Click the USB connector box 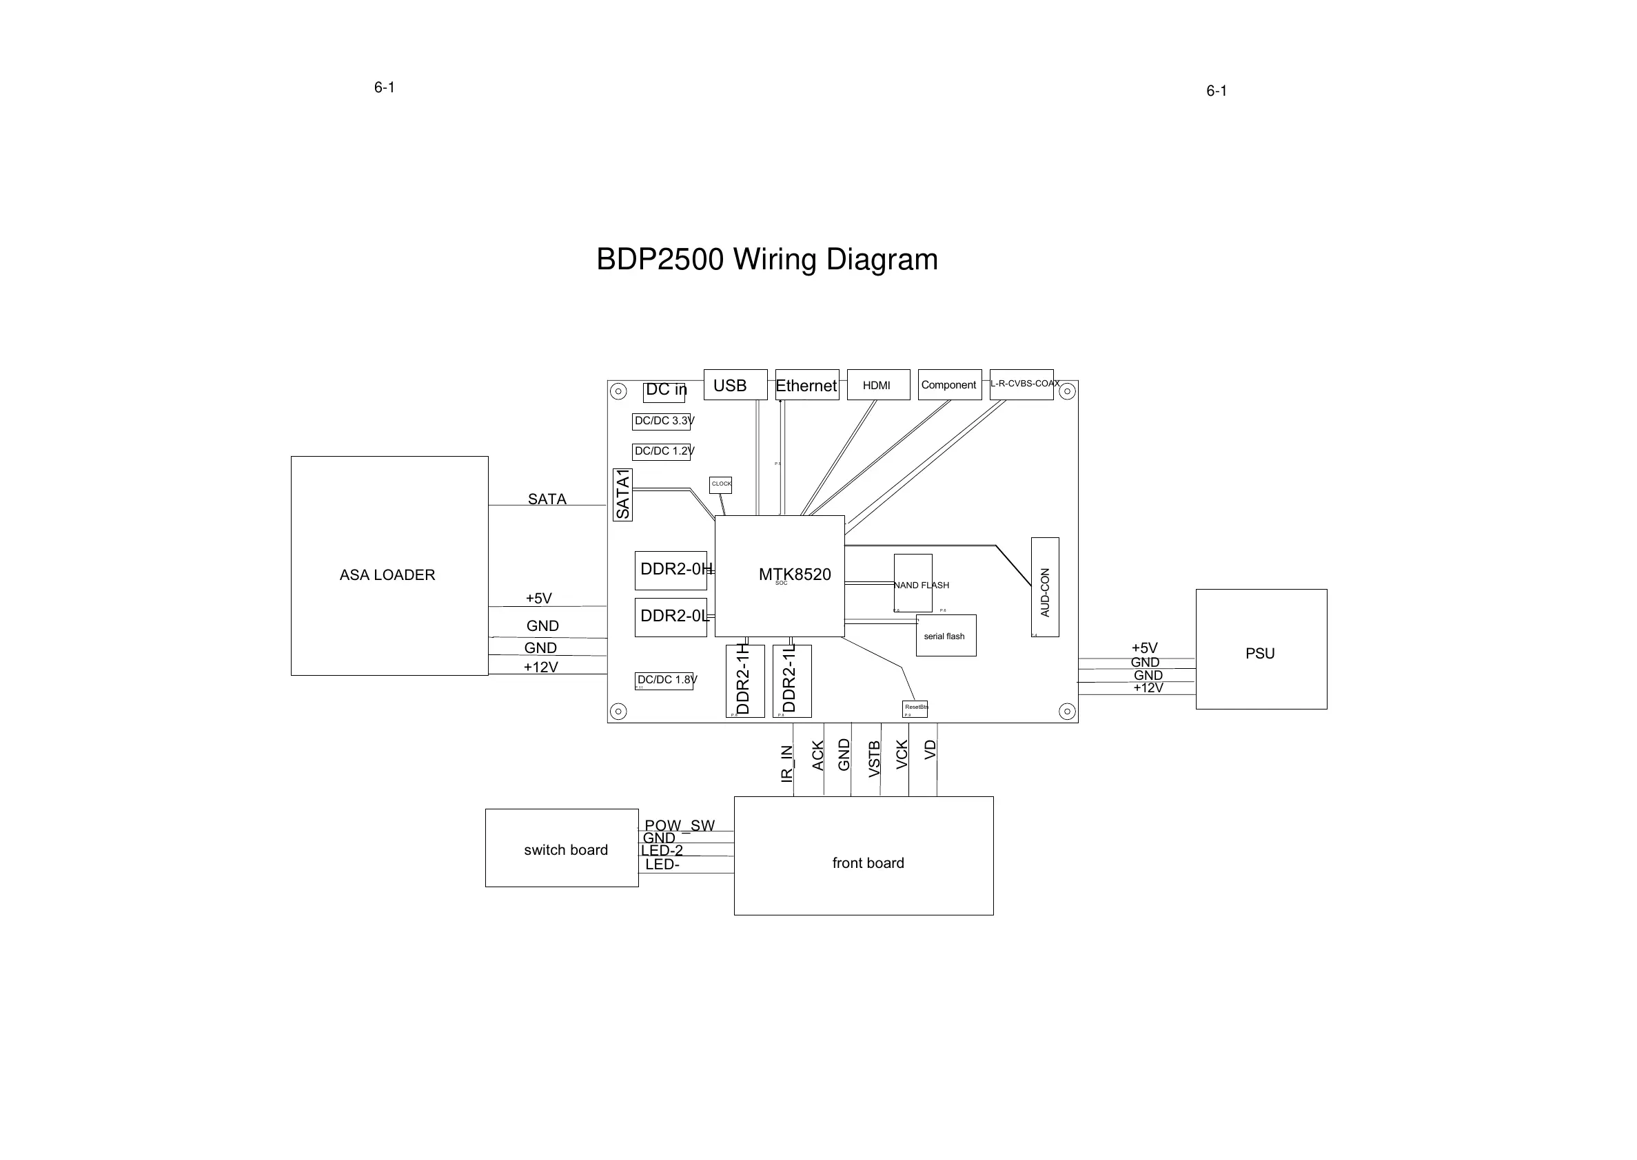[735, 385]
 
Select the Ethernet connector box [806, 385]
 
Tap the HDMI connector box [878, 385]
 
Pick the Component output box [949, 385]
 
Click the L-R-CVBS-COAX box [1021, 384]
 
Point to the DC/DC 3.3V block [661, 422]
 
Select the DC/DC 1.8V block [664, 681]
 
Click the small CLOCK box [720, 485]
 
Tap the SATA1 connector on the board [622, 495]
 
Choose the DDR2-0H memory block [670, 570]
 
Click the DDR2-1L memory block [791, 681]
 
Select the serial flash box [946, 636]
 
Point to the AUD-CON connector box [1045, 587]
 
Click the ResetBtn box [915, 709]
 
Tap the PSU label [1260, 654]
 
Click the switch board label [565, 850]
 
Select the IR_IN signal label [786, 763]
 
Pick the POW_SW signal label [679, 826]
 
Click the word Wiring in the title [775, 259]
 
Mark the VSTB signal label [874, 758]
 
